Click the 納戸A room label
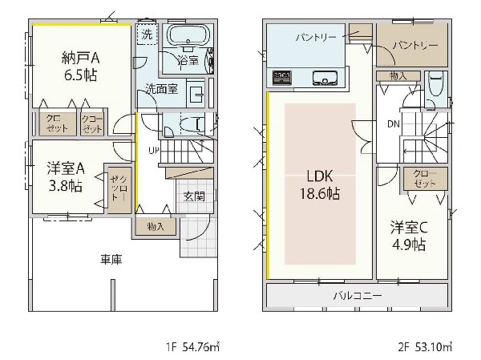pos(80,58)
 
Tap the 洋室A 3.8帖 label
pos(66,177)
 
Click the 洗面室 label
pos(161,89)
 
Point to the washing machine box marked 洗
pos(147,34)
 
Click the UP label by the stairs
pos(154,151)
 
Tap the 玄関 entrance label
pos(194,196)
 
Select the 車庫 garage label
pos(111,260)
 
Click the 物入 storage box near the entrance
pos(156,227)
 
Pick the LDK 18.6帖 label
pos(319,185)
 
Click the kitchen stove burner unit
pos(282,77)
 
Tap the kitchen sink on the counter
pos(325,78)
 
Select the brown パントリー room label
pos(415,46)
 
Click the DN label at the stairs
pos(394,124)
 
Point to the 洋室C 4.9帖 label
pos(409,236)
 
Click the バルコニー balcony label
pos(358,296)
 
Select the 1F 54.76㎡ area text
pos(193,347)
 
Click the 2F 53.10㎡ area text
pos(425,347)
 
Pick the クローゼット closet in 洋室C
pos(426,179)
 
